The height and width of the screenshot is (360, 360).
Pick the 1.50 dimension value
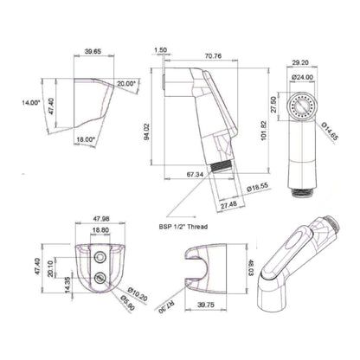162,51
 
